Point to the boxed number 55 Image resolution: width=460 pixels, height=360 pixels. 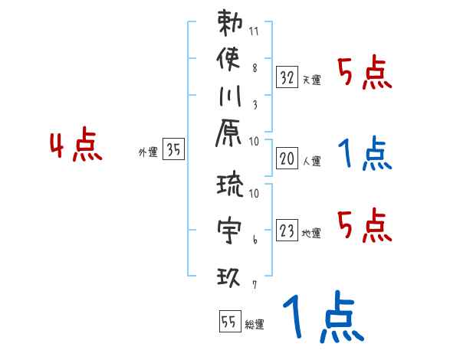pyautogui.click(x=228, y=322)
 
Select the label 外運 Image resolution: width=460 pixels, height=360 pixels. pyautogui.click(x=148, y=152)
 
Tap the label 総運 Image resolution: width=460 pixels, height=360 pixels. pyautogui.click(x=255, y=325)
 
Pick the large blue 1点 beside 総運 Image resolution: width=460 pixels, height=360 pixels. pyautogui.click(x=322, y=319)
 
